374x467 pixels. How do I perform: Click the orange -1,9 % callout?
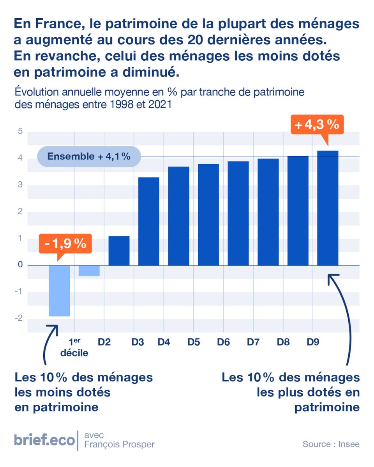(x=65, y=244)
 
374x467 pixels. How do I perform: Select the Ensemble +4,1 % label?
(x=88, y=157)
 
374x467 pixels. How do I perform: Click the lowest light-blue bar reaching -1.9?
(x=59, y=291)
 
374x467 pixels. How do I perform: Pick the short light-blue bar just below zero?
(x=89, y=271)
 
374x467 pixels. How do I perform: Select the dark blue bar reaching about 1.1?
(x=119, y=251)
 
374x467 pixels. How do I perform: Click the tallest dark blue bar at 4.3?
(x=328, y=208)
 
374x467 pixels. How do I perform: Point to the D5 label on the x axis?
(x=194, y=342)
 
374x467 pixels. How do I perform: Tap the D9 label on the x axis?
(x=312, y=342)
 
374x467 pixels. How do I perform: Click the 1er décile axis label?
(x=74, y=348)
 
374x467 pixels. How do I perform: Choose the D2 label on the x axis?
(x=104, y=342)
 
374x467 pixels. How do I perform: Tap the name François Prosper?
(x=119, y=444)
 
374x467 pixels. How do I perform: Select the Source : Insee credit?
(x=331, y=444)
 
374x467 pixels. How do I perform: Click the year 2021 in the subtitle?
(x=159, y=105)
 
